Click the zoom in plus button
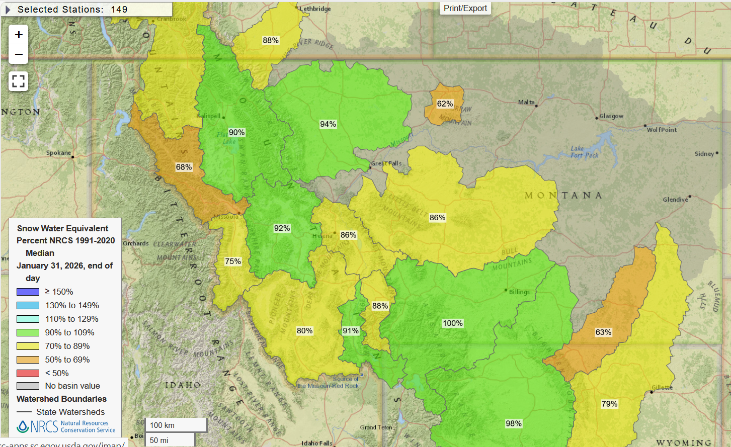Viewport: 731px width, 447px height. click(19, 35)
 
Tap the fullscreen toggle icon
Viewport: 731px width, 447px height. click(19, 81)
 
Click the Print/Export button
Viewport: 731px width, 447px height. click(465, 8)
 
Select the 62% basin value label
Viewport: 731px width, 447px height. click(445, 104)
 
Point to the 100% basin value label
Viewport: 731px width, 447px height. click(452, 323)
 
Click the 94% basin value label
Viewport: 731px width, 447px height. click(328, 124)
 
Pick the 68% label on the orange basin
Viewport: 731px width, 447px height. click(184, 167)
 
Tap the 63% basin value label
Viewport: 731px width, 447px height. click(603, 332)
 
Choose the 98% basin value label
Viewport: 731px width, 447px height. click(514, 423)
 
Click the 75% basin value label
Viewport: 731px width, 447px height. click(233, 261)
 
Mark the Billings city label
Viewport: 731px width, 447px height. click(519, 292)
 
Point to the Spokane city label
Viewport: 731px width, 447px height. click(58, 153)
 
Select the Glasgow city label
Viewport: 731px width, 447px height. click(611, 116)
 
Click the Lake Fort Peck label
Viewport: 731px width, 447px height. click(584, 152)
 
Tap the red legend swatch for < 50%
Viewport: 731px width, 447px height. click(28, 373)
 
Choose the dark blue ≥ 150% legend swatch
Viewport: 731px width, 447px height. click(28, 292)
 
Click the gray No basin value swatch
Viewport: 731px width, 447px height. click(28, 386)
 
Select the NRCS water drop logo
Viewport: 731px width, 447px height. click(23, 427)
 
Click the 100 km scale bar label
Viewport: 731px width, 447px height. click(163, 425)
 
